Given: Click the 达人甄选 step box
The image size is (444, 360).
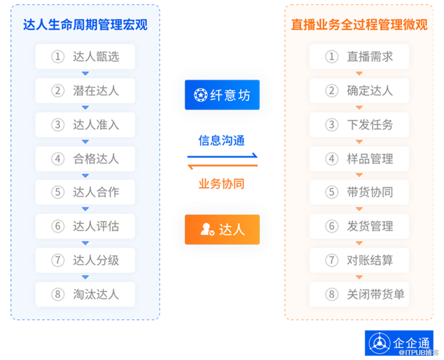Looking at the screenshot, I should (85, 57).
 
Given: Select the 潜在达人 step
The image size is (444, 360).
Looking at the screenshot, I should (85, 91).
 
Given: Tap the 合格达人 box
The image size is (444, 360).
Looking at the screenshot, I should (85, 159).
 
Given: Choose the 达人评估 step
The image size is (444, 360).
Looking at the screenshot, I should (85, 226).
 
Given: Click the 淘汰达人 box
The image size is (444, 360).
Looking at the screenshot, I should (85, 294).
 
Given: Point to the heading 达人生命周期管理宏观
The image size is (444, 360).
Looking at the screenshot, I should (85, 24).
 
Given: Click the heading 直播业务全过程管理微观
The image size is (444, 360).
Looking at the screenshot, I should (359, 24).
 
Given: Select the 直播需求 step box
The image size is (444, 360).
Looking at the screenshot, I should (359, 57).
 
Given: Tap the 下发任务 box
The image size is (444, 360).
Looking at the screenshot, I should (359, 125).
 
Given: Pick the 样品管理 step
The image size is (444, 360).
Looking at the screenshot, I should (359, 159).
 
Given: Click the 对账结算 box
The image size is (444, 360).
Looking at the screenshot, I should (359, 260).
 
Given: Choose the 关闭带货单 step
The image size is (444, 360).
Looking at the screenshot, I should (359, 294).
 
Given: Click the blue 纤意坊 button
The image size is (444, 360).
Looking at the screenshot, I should (222, 94).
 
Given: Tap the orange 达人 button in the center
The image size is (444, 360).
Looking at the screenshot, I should (222, 229).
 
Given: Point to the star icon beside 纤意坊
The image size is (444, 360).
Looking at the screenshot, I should (200, 94).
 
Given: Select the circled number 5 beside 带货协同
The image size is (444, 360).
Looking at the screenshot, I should (332, 192).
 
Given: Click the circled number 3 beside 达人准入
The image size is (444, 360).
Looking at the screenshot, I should (58, 125).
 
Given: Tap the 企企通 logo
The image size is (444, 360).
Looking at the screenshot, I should (399, 343).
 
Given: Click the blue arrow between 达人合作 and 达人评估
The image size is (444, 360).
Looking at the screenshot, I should (85, 209).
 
